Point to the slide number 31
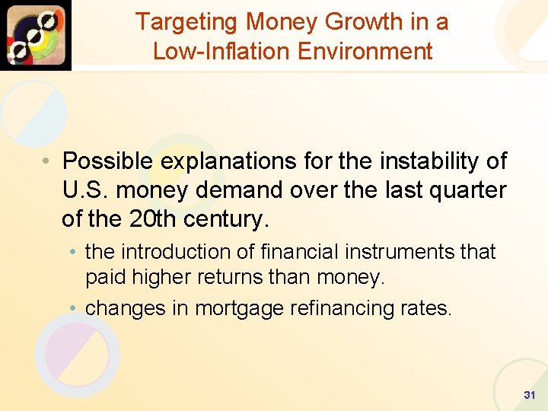(530, 395)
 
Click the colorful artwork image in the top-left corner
(36, 35)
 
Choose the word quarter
(467, 190)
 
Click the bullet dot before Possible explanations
(47, 162)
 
